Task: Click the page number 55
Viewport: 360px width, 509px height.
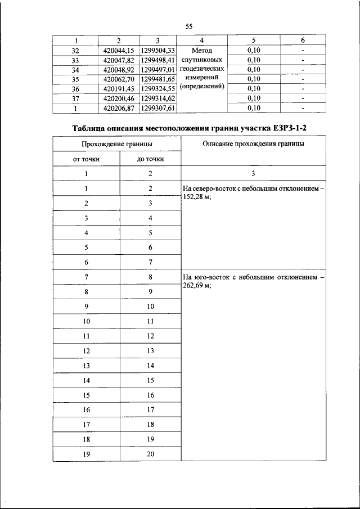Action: (188, 26)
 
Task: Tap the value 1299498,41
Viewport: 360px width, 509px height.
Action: (158, 60)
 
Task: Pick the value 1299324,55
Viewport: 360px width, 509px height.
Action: (158, 89)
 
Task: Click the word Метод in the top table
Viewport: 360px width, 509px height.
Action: (202, 51)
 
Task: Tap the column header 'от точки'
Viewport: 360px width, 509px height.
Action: (87, 159)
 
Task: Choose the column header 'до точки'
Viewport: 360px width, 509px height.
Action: (150, 159)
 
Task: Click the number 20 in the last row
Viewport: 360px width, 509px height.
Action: (150, 454)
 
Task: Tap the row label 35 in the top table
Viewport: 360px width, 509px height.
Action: (76, 79)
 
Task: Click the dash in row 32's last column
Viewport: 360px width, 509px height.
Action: (303, 51)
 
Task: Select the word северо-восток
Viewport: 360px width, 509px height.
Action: (217, 188)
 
